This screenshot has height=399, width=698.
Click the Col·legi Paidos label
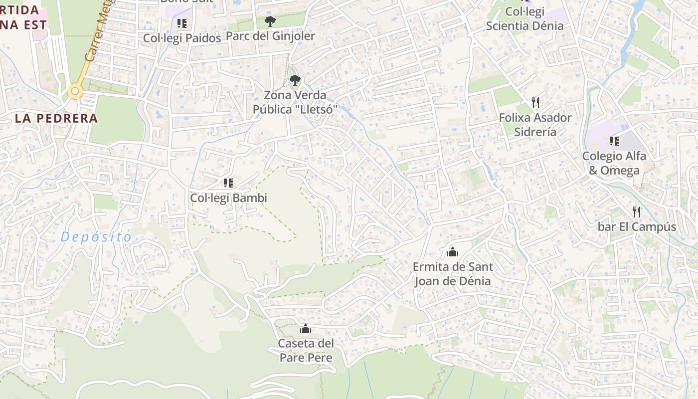click(182, 38)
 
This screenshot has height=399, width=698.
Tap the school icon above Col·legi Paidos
click(182, 23)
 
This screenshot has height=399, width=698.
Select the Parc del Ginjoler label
click(270, 36)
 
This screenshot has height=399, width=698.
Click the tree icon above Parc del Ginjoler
click(270, 21)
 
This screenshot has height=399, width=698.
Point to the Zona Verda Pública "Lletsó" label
click(295, 102)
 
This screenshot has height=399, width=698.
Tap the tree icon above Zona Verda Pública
click(295, 80)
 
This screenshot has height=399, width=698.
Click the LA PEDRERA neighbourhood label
click(56, 118)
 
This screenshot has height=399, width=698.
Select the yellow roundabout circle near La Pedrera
click(75, 91)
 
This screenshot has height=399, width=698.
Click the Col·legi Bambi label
click(228, 198)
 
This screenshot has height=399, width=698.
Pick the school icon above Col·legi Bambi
click(228, 183)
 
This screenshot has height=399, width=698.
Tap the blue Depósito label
click(96, 237)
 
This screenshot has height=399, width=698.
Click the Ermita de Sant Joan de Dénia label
click(453, 274)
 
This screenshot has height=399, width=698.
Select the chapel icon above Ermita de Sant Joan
click(453, 252)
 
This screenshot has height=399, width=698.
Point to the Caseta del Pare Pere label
click(306, 351)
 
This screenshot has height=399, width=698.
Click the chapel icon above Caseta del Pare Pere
click(306, 329)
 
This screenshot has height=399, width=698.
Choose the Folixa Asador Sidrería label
click(535, 125)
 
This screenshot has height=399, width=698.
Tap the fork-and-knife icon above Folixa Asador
click(535, 103)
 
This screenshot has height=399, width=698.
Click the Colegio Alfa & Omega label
click(614, 163)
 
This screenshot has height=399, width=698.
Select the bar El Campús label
click(637, 227)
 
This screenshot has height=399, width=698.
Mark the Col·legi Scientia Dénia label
click(525, 18)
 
